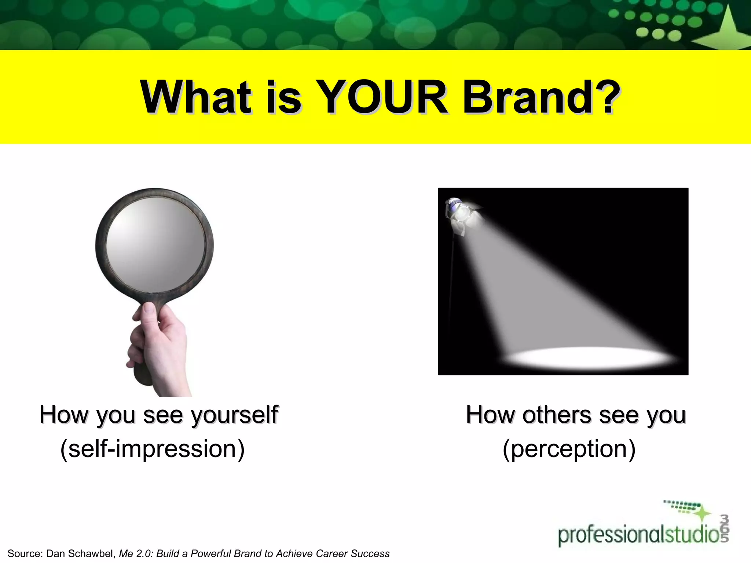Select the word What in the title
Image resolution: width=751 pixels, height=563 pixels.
(196, 97)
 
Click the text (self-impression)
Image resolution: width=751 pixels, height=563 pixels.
(152, 449)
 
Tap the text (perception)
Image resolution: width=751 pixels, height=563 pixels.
(569, 449)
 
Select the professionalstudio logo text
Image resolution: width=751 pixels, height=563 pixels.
(638, 535)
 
